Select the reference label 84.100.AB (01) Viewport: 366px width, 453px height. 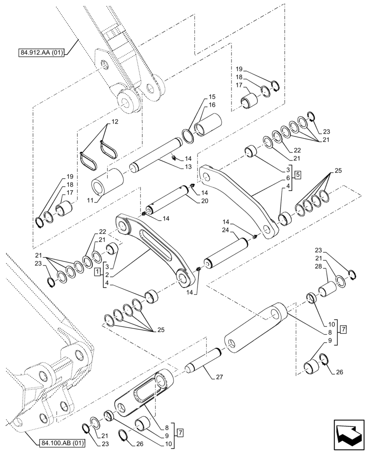[56, 442]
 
